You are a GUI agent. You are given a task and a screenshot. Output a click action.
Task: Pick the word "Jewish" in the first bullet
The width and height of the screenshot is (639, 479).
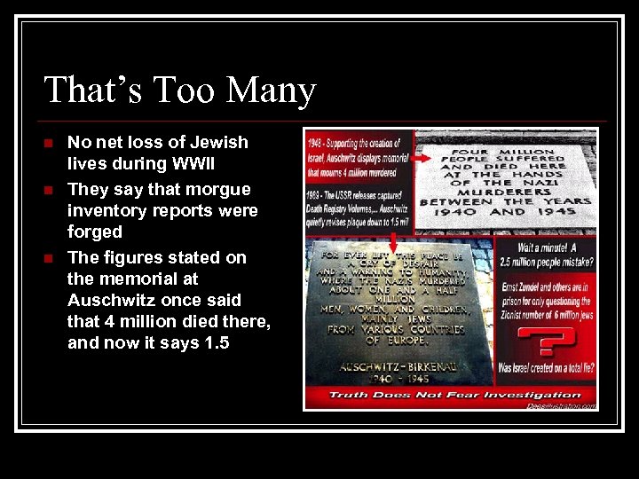coord(214,142)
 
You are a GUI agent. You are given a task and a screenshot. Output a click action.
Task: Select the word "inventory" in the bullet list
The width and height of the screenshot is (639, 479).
coord(108,210)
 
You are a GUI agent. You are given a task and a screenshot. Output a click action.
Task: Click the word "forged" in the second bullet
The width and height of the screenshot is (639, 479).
coord(95,232)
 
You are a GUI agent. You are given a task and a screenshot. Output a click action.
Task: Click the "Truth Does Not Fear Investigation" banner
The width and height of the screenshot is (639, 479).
coord(454,395)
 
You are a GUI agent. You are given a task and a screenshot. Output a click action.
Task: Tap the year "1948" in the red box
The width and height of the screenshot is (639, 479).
coord(315,142)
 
